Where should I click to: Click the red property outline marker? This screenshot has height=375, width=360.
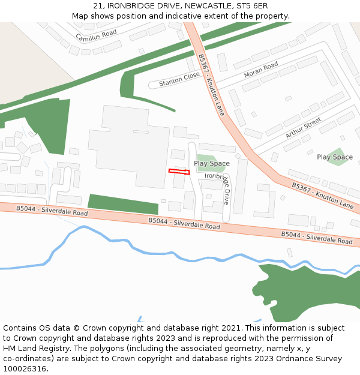[179, 172]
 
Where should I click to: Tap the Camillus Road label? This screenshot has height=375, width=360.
[96, 35]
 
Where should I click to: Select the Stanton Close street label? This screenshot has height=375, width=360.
[179, 79]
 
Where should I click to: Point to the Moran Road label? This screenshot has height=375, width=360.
[261, 70]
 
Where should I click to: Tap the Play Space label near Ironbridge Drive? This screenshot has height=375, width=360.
[212, 163]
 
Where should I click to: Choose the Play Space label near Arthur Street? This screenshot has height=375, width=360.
[335, 157]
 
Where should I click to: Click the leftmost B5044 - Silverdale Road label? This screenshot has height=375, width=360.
[52, 211]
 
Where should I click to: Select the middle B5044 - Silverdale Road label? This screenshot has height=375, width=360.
[184, 223]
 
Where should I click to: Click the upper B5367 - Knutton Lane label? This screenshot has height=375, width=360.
[211, 85]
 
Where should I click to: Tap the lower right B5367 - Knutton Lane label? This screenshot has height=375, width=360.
[323, 195]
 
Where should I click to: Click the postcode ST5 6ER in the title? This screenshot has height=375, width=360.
[252, 5]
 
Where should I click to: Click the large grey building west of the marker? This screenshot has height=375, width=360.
[129, 144]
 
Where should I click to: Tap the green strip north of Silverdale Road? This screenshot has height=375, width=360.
[123, 204]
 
